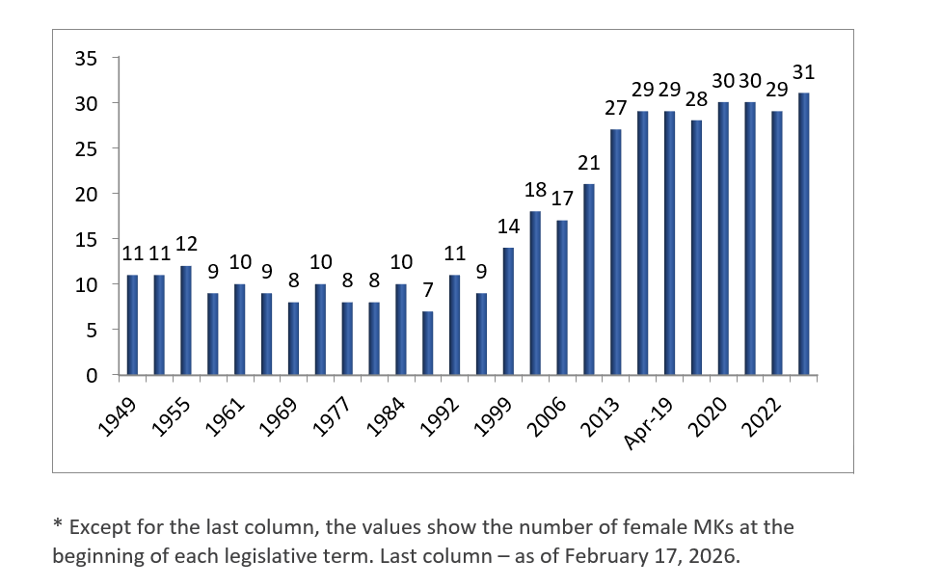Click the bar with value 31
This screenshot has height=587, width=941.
click(x=803, y=233)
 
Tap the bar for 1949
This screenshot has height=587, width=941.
click(x=132, y=325)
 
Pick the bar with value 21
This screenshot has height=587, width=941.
click(x=589, y=279)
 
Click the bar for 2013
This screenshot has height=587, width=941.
click(x=615, y=252)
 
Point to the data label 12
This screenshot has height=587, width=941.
click(x=186, y=244)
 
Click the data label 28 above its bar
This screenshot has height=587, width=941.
click(x=696, y=99)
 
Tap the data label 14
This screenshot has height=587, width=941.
click(x=508, y=227)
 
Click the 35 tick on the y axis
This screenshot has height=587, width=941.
click(x=87, y=58)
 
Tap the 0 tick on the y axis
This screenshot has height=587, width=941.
click(x=92, y=375)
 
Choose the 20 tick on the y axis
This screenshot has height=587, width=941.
click(x=87, y=194)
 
